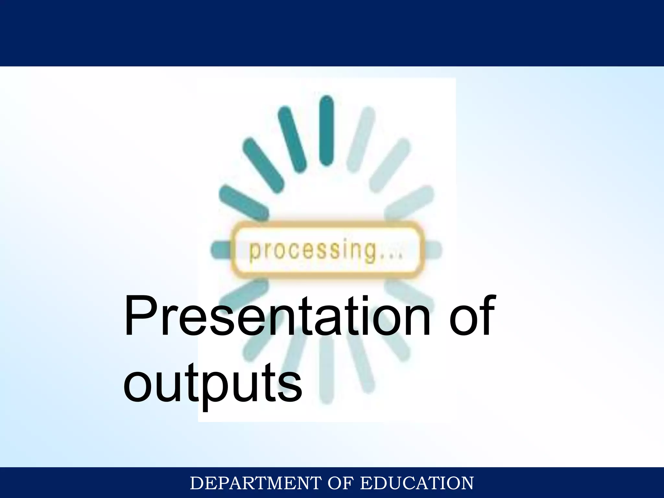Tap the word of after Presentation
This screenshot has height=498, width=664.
472,316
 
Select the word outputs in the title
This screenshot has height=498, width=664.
212,383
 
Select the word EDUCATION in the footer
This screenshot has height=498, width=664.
417,483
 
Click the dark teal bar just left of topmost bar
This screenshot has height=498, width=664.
292,139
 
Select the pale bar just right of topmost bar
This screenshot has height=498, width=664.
361,139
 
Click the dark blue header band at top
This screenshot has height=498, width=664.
332,32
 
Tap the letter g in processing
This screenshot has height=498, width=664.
370,253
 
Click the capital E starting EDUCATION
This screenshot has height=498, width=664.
366,483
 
